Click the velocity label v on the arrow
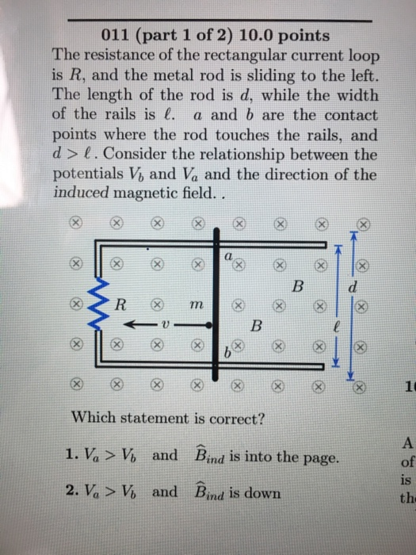[x=163, y=326]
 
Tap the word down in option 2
[x=262, y=493]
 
